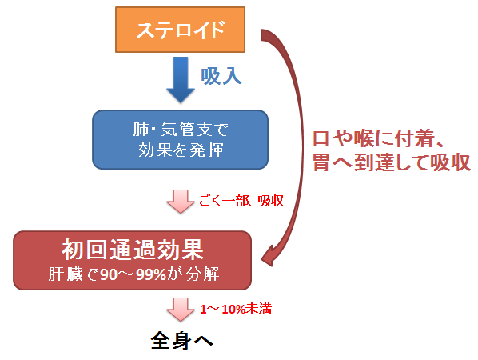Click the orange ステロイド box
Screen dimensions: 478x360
coord(180,30)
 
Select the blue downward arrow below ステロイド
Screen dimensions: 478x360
coord(181,80)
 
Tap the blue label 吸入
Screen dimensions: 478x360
coord(221,76)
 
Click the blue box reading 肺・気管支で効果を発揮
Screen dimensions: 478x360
coord(180,140)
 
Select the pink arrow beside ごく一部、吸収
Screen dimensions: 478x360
coord(181,202)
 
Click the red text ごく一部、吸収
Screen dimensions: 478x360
coord(241,201)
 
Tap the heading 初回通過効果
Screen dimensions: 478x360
coord(133,250)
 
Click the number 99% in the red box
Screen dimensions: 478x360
coord(150,274)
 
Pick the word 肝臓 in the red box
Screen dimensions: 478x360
coord(66,274)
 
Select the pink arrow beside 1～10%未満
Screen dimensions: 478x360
coord(181,310)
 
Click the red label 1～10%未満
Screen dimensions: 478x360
coord(236,310)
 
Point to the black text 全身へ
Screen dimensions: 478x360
coord(182,341)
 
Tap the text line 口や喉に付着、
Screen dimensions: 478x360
coord(378,138)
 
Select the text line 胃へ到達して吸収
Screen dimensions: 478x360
coord(392,162)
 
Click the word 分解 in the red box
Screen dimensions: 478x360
coord(202,274)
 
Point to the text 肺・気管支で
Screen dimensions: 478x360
coord(181,129)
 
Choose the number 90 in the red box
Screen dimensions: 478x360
coord(109,274)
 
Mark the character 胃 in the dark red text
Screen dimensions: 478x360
coord(321,162)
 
